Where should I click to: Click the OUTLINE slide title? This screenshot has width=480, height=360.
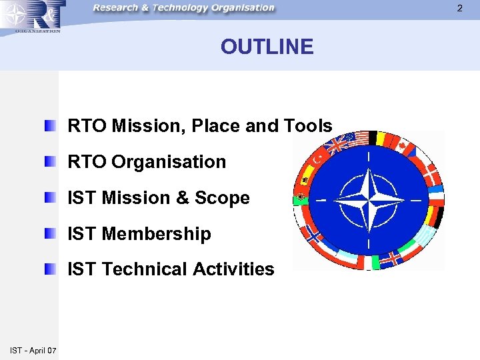click(267, 47)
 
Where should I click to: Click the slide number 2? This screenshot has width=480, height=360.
click(459, 8)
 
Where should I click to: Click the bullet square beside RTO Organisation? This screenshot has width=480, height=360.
click(51, 161)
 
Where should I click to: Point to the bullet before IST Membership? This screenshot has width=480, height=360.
click(51, 233)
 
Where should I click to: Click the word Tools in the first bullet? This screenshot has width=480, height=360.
click(309, 125)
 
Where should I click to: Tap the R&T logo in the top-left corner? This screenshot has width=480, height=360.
click(32, 16)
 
